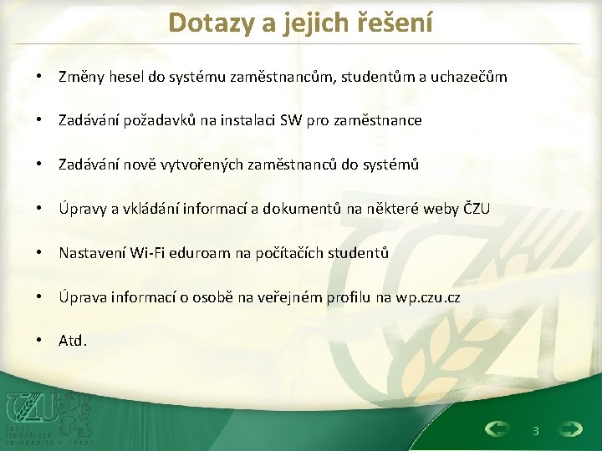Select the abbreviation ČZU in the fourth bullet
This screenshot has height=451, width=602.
(477, 209)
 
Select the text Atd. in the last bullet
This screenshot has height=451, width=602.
(73, 341)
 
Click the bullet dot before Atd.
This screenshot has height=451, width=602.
(40, 341)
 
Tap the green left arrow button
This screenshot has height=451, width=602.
(497, 429)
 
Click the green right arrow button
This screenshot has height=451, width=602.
(571, 429)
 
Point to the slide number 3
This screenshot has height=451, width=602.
(535, 430)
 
